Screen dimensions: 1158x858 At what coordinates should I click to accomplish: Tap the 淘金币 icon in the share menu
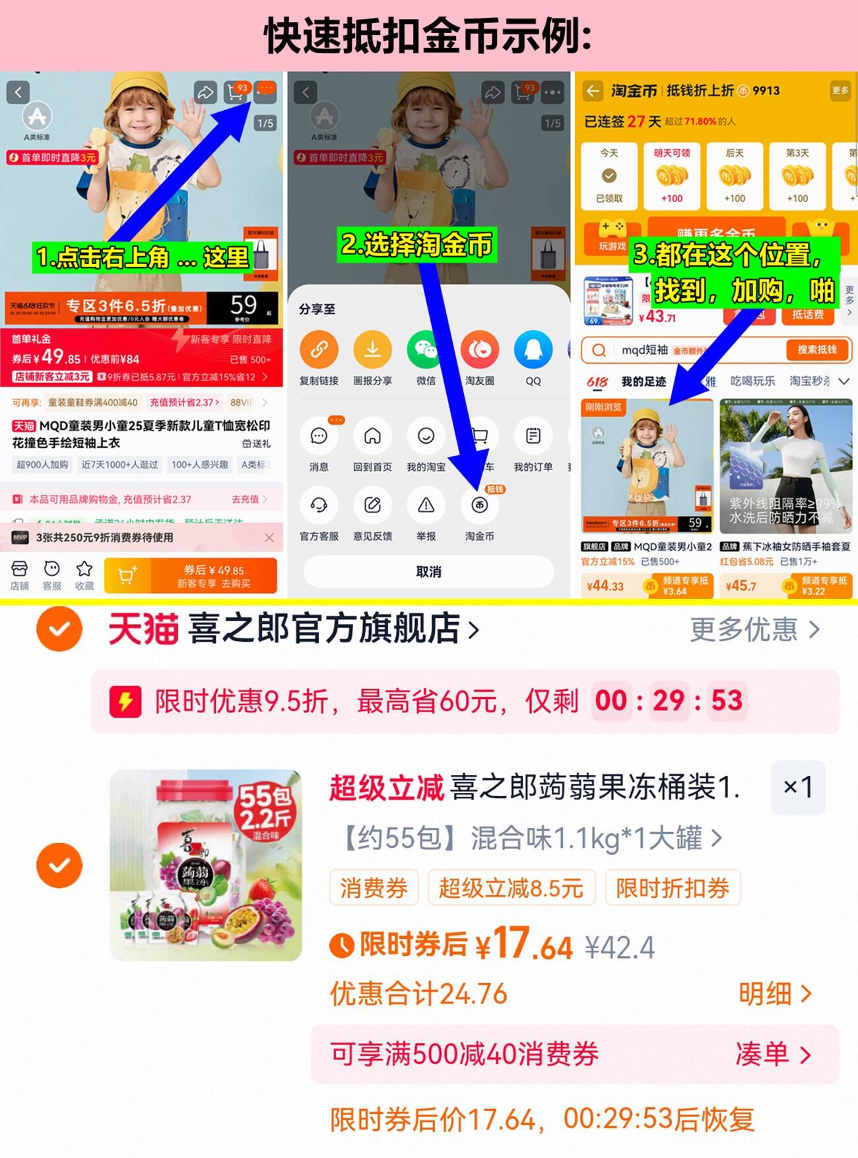point(479,506)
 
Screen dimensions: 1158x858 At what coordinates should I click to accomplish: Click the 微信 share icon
point(426,350)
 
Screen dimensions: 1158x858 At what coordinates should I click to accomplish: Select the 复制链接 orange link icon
point(319,350)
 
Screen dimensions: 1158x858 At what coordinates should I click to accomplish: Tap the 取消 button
point(428,572)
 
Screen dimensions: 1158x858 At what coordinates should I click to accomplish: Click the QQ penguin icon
point(533,350)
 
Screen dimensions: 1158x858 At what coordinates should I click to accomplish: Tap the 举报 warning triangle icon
point(426,506)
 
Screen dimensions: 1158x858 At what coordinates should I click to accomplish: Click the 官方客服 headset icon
point(319,506)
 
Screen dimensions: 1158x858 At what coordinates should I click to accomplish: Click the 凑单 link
point(772,1054)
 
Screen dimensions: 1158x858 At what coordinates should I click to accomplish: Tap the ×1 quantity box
point(798,787)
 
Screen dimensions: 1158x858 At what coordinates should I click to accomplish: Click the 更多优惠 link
point(754,630)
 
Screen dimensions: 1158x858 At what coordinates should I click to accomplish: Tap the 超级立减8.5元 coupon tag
point(511,888)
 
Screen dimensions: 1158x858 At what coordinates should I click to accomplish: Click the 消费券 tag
point(374,888)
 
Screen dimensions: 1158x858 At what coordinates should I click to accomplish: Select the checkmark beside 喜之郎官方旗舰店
point(59,629)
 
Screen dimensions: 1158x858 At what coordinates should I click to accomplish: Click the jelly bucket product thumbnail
point(206,865)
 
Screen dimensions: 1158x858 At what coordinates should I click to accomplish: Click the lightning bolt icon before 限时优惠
point(125,701)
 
